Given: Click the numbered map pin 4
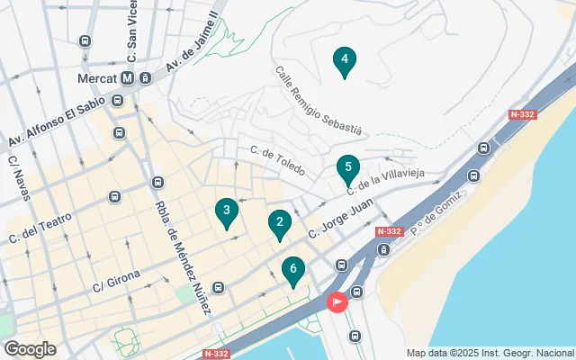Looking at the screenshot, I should (343, 61).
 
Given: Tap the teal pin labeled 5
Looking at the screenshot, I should (348, 168).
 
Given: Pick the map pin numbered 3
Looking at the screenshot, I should (227, 211).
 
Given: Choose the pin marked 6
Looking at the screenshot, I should (292, 270).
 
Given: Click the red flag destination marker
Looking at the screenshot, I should (337, 302).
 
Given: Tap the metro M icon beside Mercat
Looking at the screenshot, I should (128, 77).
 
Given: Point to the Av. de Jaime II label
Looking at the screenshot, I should (191, 48).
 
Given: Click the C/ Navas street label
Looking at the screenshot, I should (20, 179).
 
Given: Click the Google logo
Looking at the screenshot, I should (30, 348).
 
